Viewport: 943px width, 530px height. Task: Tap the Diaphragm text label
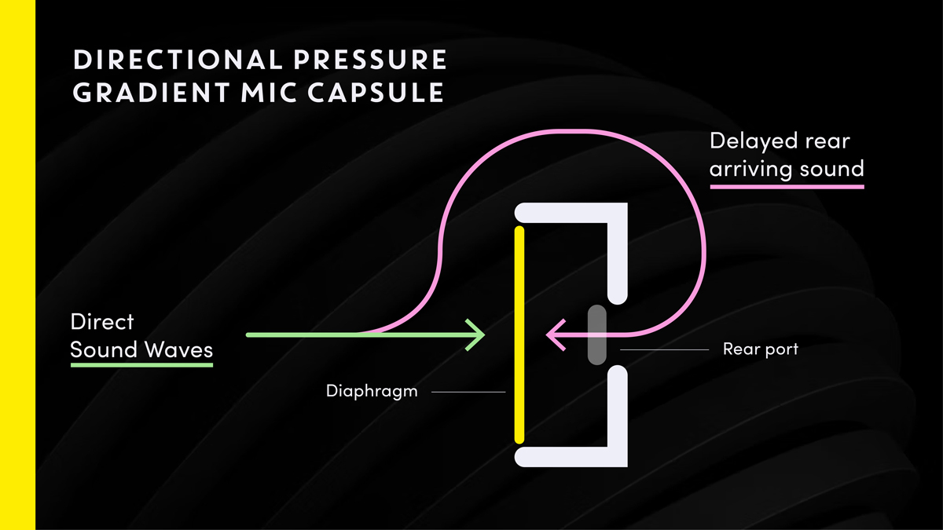(x=372, y=390)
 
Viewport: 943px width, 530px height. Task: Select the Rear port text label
(x=760, y=349)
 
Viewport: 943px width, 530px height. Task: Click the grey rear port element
(x=597, y=334)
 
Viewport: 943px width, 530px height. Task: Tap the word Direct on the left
(x=102, y=322)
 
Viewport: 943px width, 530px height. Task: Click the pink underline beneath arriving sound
(x=787, y=187)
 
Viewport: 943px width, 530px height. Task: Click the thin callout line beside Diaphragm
(x=468, y=391)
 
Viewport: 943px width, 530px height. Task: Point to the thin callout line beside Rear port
(x=664, y=349)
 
